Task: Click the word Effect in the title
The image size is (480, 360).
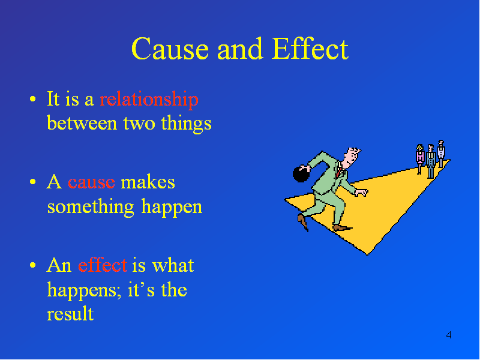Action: [310, 49]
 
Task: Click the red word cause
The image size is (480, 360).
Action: [91, 183]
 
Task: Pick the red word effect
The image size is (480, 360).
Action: [102, 265]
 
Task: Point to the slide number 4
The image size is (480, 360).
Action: [448, 335]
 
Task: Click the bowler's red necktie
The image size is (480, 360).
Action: [339, 171]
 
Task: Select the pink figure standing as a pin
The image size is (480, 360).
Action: [419, 158]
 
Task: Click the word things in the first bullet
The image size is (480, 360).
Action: [186, 124]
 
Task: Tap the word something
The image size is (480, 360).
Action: [91, 206]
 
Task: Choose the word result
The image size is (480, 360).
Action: [70, 313]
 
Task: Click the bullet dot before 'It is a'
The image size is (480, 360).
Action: [33, 99]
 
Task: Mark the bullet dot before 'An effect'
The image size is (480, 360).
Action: [33, 265]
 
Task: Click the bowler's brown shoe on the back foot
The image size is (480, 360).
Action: [303, 221]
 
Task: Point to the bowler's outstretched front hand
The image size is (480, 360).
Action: [362, 193]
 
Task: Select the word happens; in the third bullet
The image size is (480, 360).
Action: [82, 290]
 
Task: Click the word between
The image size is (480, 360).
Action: [82, 124]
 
